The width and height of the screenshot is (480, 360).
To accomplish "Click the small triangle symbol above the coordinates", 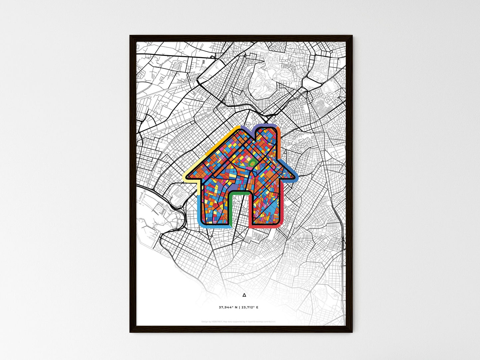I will pos(244,295).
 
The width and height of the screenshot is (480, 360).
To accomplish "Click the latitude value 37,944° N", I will pos(228,307).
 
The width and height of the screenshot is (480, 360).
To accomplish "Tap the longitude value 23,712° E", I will pos(249,307).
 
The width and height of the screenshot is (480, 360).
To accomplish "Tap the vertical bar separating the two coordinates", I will pos(239,307).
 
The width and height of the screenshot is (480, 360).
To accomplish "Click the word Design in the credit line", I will pos(205,321).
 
